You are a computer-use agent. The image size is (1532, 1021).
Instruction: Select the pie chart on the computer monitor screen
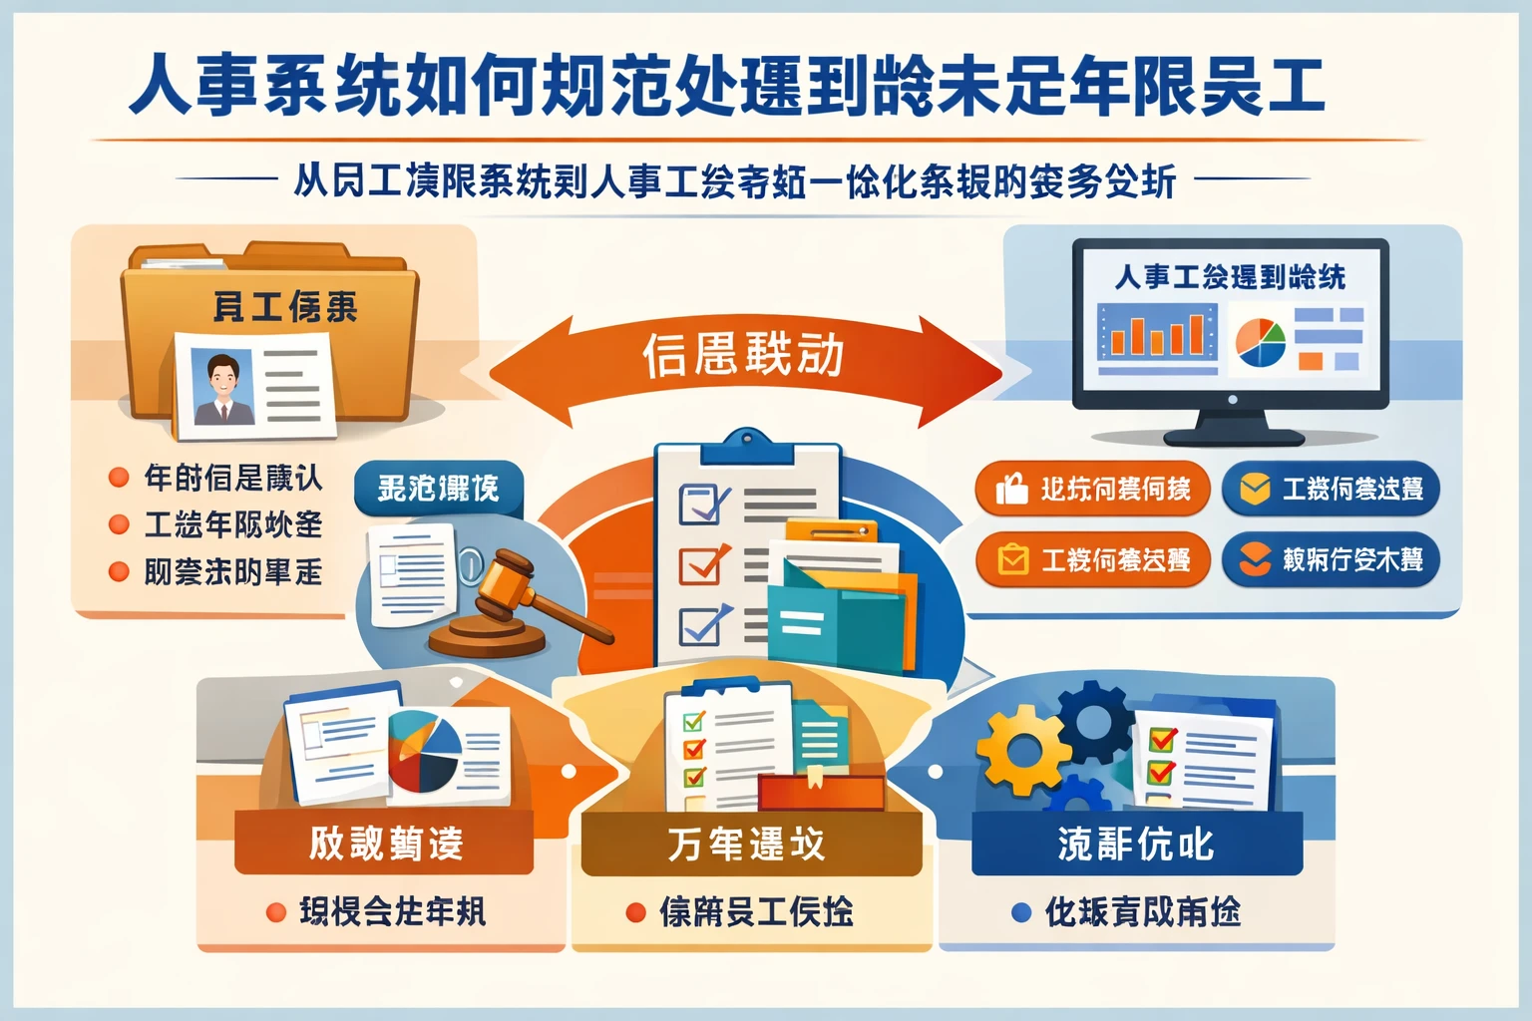(1260, 342)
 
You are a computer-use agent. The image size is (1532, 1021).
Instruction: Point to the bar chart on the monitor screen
(1157, 333)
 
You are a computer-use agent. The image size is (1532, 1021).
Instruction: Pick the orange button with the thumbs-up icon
(1092, 489)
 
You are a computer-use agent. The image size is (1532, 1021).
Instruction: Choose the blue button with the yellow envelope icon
(1331, 489)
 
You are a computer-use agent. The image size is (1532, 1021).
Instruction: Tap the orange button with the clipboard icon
(1092, 560)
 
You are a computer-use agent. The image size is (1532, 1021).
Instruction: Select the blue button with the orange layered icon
(1331, 560)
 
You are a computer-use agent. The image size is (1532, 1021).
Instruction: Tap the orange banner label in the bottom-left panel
(384, 844)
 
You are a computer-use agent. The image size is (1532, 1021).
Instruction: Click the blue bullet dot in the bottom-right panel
(1020, 911)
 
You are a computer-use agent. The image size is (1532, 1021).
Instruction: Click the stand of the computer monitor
(1233, 427)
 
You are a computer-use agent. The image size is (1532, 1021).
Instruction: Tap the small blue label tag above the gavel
(439, 489)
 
